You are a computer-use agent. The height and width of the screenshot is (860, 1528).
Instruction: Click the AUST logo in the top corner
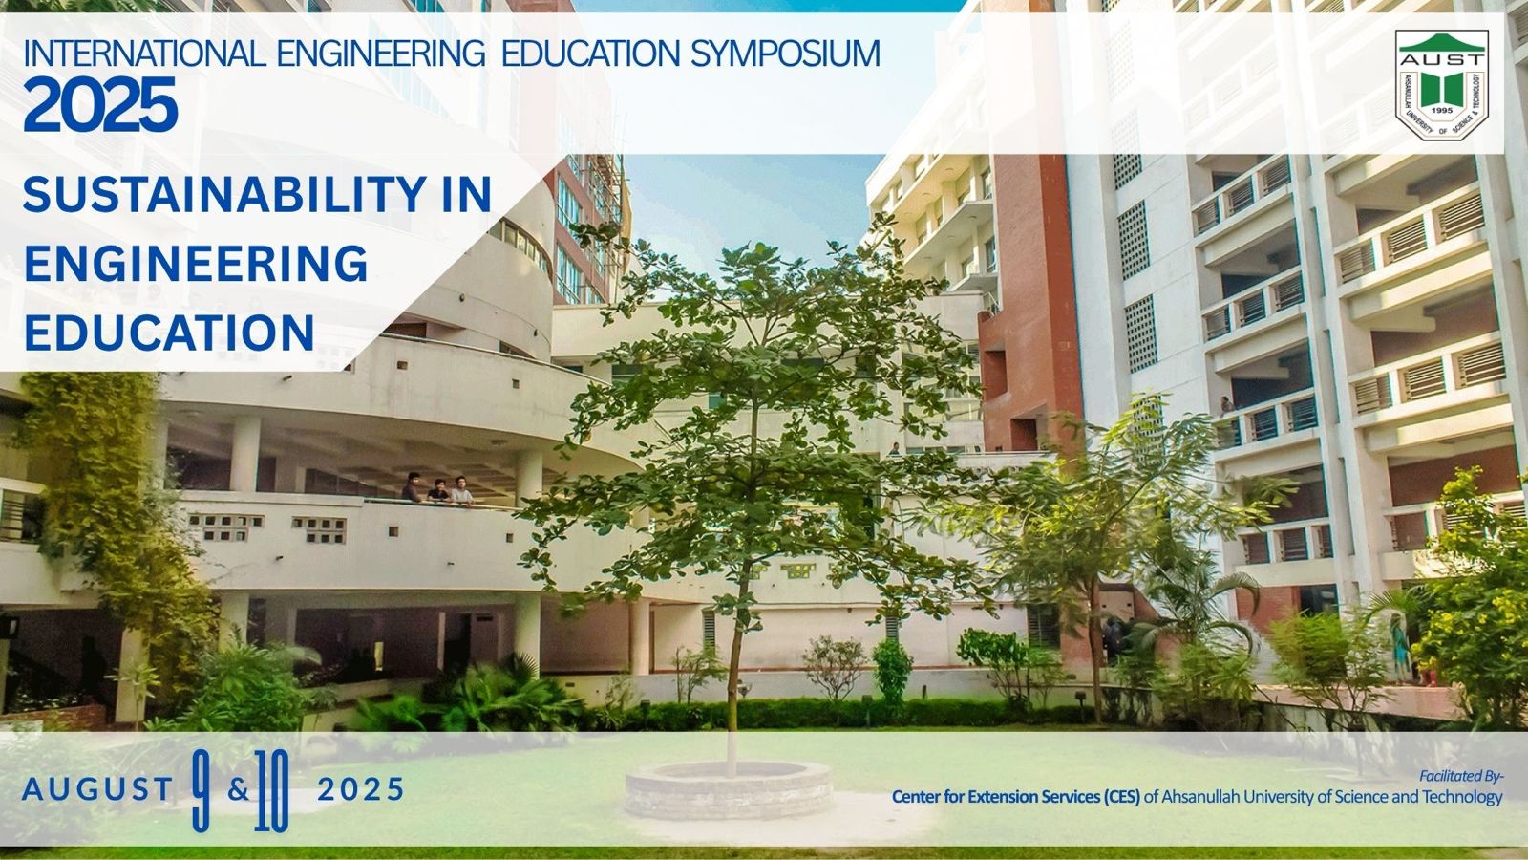click(1441, 84)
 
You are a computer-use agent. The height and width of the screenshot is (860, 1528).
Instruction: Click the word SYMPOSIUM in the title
click(785, 54)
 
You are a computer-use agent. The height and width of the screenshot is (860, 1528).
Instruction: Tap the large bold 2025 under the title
click(100, 104)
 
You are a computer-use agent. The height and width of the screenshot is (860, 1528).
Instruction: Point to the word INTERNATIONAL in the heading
click(144, 54)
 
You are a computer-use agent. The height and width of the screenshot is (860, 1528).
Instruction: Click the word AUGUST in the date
click(96, 789)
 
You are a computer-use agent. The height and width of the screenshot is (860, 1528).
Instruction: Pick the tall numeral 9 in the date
click(202, 789)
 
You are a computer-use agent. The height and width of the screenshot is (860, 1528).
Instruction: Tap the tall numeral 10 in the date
click(271, 790)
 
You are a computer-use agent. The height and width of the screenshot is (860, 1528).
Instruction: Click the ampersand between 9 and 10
click(238, 790)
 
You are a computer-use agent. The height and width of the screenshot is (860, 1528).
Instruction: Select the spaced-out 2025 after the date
click(361, 789)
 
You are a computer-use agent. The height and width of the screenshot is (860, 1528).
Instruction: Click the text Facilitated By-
click(1461, 776)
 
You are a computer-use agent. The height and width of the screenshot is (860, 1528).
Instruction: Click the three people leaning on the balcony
click(437, 489)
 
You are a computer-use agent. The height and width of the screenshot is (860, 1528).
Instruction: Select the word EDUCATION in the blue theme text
click(169, 333)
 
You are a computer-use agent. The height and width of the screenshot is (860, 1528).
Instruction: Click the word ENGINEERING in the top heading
click(381, 54)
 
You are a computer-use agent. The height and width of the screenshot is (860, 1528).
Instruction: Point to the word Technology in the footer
click(1468, 797)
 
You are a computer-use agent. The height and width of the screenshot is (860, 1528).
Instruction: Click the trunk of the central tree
click(734, 669)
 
